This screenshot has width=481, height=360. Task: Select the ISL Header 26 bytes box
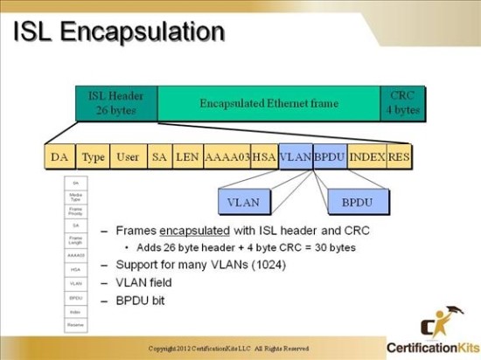pyautogui.click(x=115, y=103)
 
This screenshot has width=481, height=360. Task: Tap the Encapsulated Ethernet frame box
pyautogui.click(x=268, y=103)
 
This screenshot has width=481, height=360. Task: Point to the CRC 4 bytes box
pyautogui.click(x=402, y=103)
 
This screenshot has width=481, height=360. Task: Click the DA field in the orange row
pyautogui.click(x=59, y=156)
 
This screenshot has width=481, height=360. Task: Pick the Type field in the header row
pyautogui.click(x=93, y=156)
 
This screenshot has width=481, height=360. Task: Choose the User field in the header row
pyautogui.click(x=128, y=156)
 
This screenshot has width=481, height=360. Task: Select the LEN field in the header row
pyautogui.click(x=187, y=156)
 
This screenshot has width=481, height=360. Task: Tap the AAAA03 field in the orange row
pyautogui.click(x=226, y=156)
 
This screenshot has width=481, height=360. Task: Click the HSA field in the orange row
pyautogui.click(x=263, y=156)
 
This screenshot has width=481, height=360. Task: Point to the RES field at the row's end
pyautogui.click(x=400, y=156)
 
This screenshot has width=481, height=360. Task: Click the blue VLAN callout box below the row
pyautogui.click(x=243, y=201)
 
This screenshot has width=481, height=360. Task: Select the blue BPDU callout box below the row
pyautogui.click(x=356, y=201)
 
